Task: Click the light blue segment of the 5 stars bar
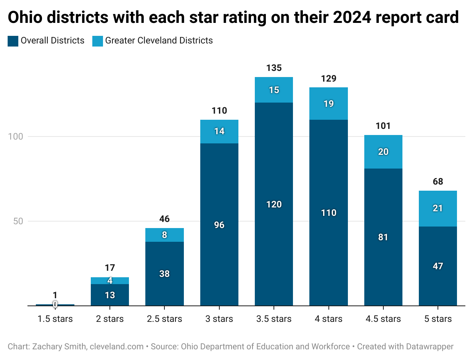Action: (x=438, y=209)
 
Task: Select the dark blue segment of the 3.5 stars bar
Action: (x=274, y=229)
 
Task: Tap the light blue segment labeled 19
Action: (x=328, y=103)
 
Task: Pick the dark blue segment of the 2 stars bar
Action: (x=110, y=295)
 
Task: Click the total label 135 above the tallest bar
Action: (x=274, y=68)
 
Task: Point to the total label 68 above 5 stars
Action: (x=438, y=182)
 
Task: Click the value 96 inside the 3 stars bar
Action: (x=219, y=225)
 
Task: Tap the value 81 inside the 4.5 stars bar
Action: (x=383, y=237)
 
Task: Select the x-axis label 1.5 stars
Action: (x=55, y=319)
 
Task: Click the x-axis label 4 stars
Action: (x=328, y=319)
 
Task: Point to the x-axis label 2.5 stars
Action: (x=164, y=319)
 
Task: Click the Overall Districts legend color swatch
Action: (x=13, y=41)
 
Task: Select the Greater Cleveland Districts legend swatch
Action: (x=98, y=41)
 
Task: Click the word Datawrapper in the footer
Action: (x=429, y=347)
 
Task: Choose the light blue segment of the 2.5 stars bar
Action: (x=164, y=235)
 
